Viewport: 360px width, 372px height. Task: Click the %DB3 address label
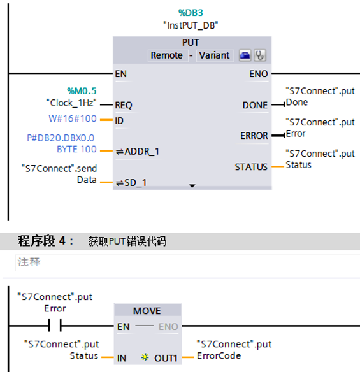[191, 12]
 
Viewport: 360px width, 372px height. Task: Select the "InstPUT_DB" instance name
[191, 25]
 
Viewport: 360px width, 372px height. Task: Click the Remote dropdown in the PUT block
[167, 55]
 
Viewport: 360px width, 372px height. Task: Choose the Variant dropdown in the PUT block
[214, 55]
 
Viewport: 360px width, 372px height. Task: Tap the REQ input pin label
[124, 105]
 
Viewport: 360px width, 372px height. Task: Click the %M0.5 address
[82, 91]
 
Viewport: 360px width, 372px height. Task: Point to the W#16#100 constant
[73, 119]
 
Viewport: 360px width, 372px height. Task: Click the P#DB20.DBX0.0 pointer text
[61, 138]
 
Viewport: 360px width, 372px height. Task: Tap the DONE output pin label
[255, 105]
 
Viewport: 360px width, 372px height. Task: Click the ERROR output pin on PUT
[254, 136]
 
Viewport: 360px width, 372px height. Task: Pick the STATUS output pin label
[251, 167]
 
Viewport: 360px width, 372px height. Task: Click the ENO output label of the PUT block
[258, 74]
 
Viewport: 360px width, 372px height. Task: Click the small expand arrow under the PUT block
[192, 186]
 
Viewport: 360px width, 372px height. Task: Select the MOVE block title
[147, 311]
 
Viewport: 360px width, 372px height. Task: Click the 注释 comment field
[29, 262]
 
